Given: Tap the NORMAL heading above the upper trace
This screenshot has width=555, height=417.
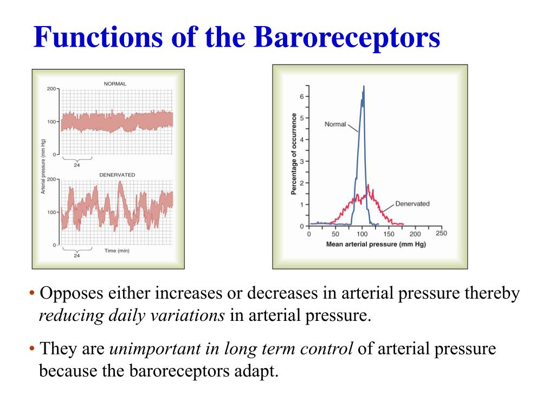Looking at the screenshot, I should tap(114, 84).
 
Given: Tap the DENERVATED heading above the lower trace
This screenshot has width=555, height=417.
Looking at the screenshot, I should tap(117, 174).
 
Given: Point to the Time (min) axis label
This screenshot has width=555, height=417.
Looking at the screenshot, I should tap(117, 250).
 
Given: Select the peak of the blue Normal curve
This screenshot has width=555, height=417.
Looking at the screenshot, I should tap(363, 87).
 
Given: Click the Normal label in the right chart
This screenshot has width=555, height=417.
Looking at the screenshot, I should tap(335, 124).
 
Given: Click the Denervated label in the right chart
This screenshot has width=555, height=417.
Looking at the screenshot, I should tap(412, 204).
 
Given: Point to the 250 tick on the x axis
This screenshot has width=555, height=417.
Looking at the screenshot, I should tap(441, 234).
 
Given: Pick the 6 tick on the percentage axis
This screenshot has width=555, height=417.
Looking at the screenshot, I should tap(302, 97).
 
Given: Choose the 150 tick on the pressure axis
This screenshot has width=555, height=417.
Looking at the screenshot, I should tap(389, 235).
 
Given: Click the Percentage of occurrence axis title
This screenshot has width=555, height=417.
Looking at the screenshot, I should tap(294, 154).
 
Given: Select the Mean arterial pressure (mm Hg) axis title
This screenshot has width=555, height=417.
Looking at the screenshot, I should tap(376, 244).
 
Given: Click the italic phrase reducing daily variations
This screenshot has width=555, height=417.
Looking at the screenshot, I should tap(132, 315).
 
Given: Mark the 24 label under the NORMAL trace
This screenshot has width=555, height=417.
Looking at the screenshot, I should tap(76, 165).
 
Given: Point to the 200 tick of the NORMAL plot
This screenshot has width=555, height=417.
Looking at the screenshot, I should tap(51, 89).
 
